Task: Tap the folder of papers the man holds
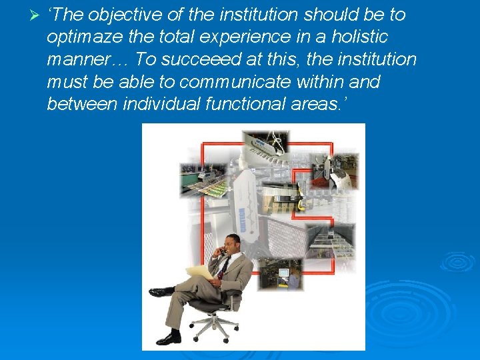[200, 271]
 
